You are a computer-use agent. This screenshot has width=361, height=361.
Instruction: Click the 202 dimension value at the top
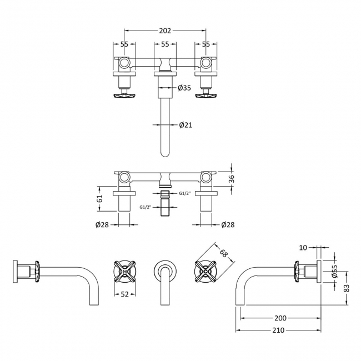165,31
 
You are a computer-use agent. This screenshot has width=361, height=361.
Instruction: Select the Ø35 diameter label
184,88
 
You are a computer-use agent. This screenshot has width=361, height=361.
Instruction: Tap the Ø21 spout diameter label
185,125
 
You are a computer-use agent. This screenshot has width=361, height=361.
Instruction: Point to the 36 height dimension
232,179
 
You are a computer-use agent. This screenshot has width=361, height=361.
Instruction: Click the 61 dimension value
99,198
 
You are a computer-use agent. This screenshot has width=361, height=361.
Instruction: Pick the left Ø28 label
102,224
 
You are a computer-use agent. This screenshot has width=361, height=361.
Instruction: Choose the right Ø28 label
228,224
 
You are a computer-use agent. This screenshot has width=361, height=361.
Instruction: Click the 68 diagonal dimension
223,253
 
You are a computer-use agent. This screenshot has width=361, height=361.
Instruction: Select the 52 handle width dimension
124,294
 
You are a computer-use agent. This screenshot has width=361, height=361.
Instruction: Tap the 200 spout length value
280,318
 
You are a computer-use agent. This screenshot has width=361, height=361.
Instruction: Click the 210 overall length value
278,330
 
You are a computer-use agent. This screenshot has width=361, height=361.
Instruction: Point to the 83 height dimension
346,288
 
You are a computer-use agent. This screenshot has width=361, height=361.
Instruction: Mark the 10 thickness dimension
303,248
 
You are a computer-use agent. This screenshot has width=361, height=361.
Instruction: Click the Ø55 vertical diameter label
335,271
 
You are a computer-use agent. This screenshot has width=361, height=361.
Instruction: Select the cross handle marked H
124,272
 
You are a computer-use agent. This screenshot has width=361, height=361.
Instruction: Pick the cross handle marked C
205,272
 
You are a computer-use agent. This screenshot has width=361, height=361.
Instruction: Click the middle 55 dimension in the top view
165,44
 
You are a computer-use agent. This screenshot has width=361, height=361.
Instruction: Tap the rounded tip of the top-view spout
165,156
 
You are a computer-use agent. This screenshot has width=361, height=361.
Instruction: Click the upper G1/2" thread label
185,193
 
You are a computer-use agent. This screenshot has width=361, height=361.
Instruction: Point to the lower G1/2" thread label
146,207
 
